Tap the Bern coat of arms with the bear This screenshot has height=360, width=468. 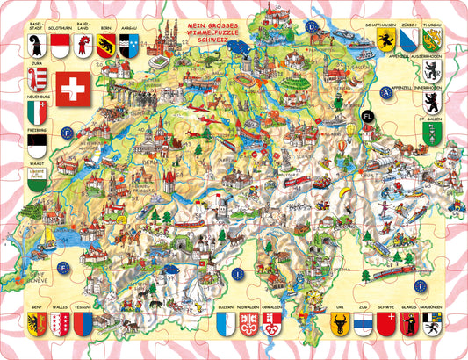tap(104, 45)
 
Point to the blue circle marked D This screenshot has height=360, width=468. tap(311, 26)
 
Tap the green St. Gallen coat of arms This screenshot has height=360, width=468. tap(430, 132)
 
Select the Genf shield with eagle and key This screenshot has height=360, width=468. tap(36, 324)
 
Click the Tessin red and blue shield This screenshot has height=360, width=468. tap(83, 324)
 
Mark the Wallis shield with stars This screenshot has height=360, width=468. tap(59, 324)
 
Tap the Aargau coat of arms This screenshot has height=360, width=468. tap(127, 45)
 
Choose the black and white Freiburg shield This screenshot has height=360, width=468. tap(36, 143)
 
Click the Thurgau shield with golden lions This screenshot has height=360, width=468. tap(431, 40)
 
